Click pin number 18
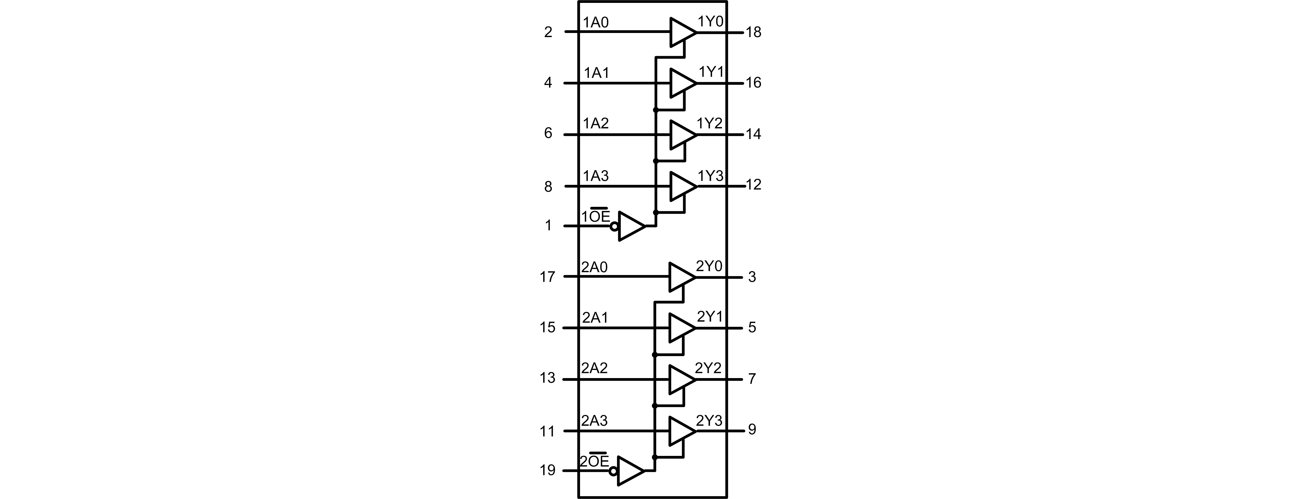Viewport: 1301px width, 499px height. pyautogui.click(x=753, y=32)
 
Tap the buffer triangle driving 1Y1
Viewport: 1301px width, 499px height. pyautogui.click(x=681, y=83)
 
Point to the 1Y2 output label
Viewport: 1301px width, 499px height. pyautogui.click(x=709, y=123)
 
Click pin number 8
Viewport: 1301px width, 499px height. pyautogui.click(x=548, y=187)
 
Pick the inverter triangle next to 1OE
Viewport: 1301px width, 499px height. pyautogui.click(x=631, y=226)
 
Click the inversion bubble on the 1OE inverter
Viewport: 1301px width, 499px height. pyautogui.click(x=614, y=227)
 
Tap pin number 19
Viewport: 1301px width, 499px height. pyautogui.click(x=548, y=470)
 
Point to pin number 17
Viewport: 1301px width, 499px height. pyautogui.click(x=548, y=277)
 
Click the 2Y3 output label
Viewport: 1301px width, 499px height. pyautogui.click(x=709, y=421)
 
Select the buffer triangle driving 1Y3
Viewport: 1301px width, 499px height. pyautogui.click(x=681, y=186)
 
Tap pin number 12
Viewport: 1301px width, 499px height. pyautogui.click(x=753, y=185)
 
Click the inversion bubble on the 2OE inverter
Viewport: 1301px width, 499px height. pyautogui.click(x=613, y=471)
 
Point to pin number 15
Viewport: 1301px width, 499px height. pyautogui.click(x=548, y=328)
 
